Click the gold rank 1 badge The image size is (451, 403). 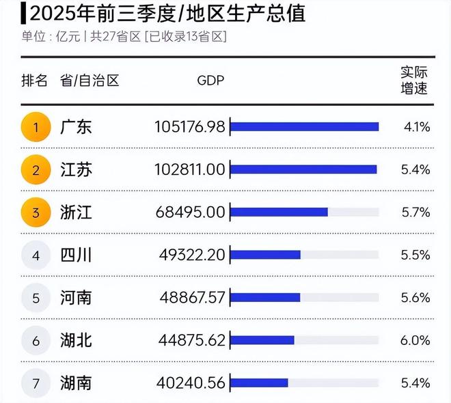tap(36, 126)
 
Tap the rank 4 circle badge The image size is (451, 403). tap(36, 255)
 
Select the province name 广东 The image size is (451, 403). tap(76, 126)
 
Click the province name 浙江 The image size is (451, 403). tap(76, 212)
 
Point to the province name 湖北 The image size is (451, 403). tap(76, 340)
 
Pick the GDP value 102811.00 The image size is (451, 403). tap(189, 169)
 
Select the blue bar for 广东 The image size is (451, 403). tap(304, 126)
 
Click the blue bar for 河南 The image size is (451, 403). tap(266, 298)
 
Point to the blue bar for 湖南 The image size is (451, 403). tap(260, 383)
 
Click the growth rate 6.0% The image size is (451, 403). tap(415, 340)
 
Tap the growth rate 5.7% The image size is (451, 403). tap(415, 212)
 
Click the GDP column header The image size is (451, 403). tap(210, 81)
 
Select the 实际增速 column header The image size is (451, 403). tap(414, 81)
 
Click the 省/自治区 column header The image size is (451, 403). tap(90, 81)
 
